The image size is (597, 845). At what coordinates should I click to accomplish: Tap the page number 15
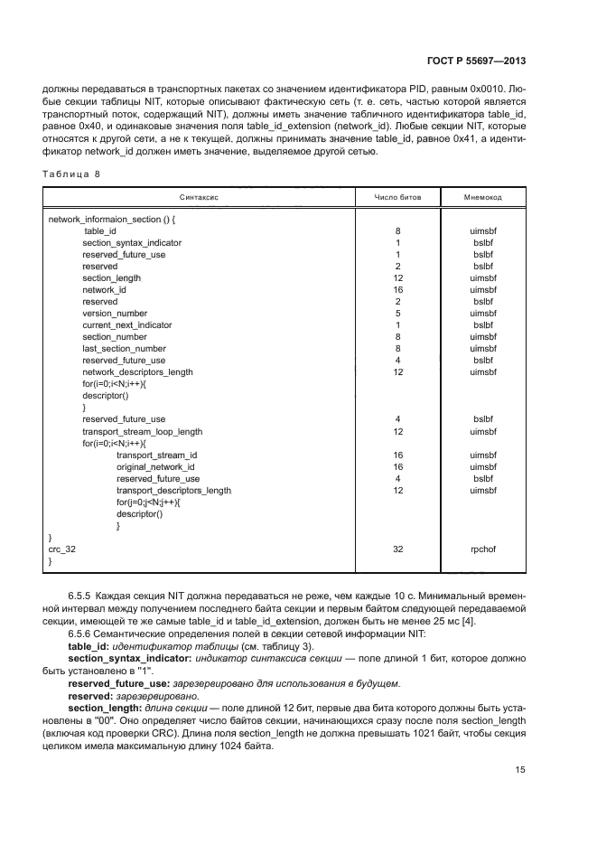(x=519, y=770)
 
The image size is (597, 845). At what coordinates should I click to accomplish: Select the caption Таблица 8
(x=72, y=173)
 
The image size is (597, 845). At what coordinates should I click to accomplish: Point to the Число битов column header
(x=397, y=196)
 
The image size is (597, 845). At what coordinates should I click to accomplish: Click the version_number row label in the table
(x=115, y=313)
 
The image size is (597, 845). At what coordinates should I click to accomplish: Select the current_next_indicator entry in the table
(x=126, y=324)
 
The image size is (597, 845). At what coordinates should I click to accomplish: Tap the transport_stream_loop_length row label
(x=142, y=431)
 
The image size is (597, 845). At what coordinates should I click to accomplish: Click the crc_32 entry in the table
(x=62, y=549)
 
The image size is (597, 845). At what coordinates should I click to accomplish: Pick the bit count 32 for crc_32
(x=397, y=549)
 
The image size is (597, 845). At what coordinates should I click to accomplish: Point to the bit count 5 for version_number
(x=397, y=313)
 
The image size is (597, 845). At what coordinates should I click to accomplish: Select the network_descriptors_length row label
(x=137, y=371)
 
